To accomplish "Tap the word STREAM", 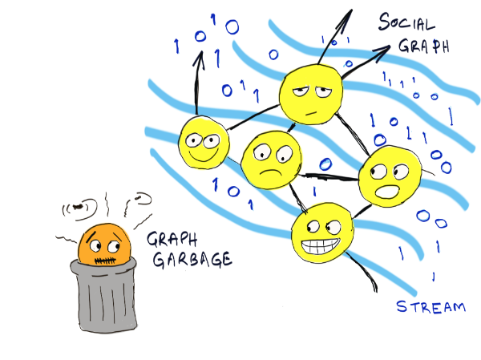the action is tap(431, 306).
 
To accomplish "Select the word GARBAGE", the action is tap(188, 259).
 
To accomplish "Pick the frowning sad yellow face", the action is tap(269, 157).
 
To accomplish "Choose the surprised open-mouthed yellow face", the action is tap(387, 174).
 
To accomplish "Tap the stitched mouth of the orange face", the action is tap(106, 260).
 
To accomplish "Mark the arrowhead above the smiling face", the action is tap(195, 61).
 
